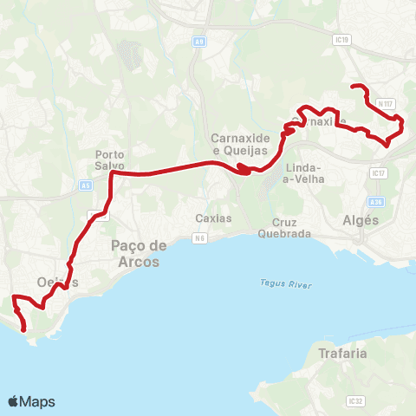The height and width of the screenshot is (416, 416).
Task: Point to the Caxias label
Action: click(x=213, y=218)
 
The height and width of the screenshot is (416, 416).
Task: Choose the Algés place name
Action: click(x=361, y=220)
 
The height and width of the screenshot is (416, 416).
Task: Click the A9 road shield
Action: click(x=200, y=41)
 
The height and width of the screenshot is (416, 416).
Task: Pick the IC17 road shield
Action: click(x=376, y=173)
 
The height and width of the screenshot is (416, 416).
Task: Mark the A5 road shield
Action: click(x=86, y=185)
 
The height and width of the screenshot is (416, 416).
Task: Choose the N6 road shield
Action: click(x=200, y=237)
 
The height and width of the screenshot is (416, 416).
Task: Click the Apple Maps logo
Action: click(x=31, y=401)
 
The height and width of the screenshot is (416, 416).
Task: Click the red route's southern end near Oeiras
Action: click(x=23, y=329)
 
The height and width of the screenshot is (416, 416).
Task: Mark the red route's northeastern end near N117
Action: click(x=351, y=86)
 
